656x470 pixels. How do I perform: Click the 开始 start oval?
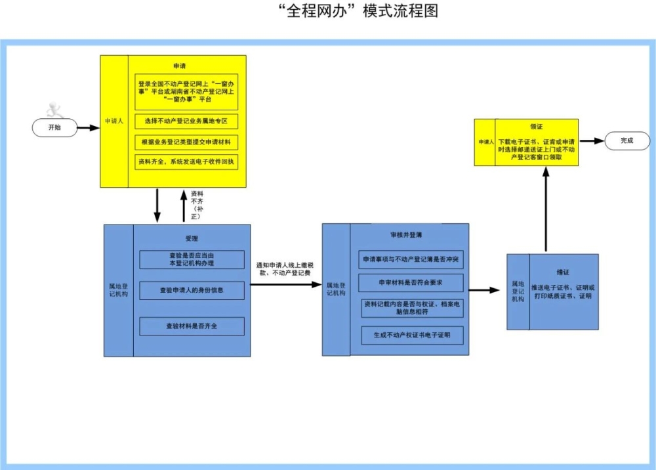click(54, 127)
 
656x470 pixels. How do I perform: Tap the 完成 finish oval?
click(626, 140)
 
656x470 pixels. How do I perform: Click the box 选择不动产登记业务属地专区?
click(186, 121)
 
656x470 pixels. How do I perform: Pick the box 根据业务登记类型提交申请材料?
click(186, 142)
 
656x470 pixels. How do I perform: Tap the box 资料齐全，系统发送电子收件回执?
click(186, 161)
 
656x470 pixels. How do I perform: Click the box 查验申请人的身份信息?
click(192, 289)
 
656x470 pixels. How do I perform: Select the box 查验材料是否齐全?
click(192, 326)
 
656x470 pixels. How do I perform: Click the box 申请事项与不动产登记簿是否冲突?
click(411, 260)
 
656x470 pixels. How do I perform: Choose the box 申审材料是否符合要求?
click(411, 283)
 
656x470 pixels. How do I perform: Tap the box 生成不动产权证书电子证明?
click(411, 335)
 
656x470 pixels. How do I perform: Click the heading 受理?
click(191, 238)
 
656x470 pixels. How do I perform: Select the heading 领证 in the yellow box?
click(537, 126)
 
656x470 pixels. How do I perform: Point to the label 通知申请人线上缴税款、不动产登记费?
click(286, 268)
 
